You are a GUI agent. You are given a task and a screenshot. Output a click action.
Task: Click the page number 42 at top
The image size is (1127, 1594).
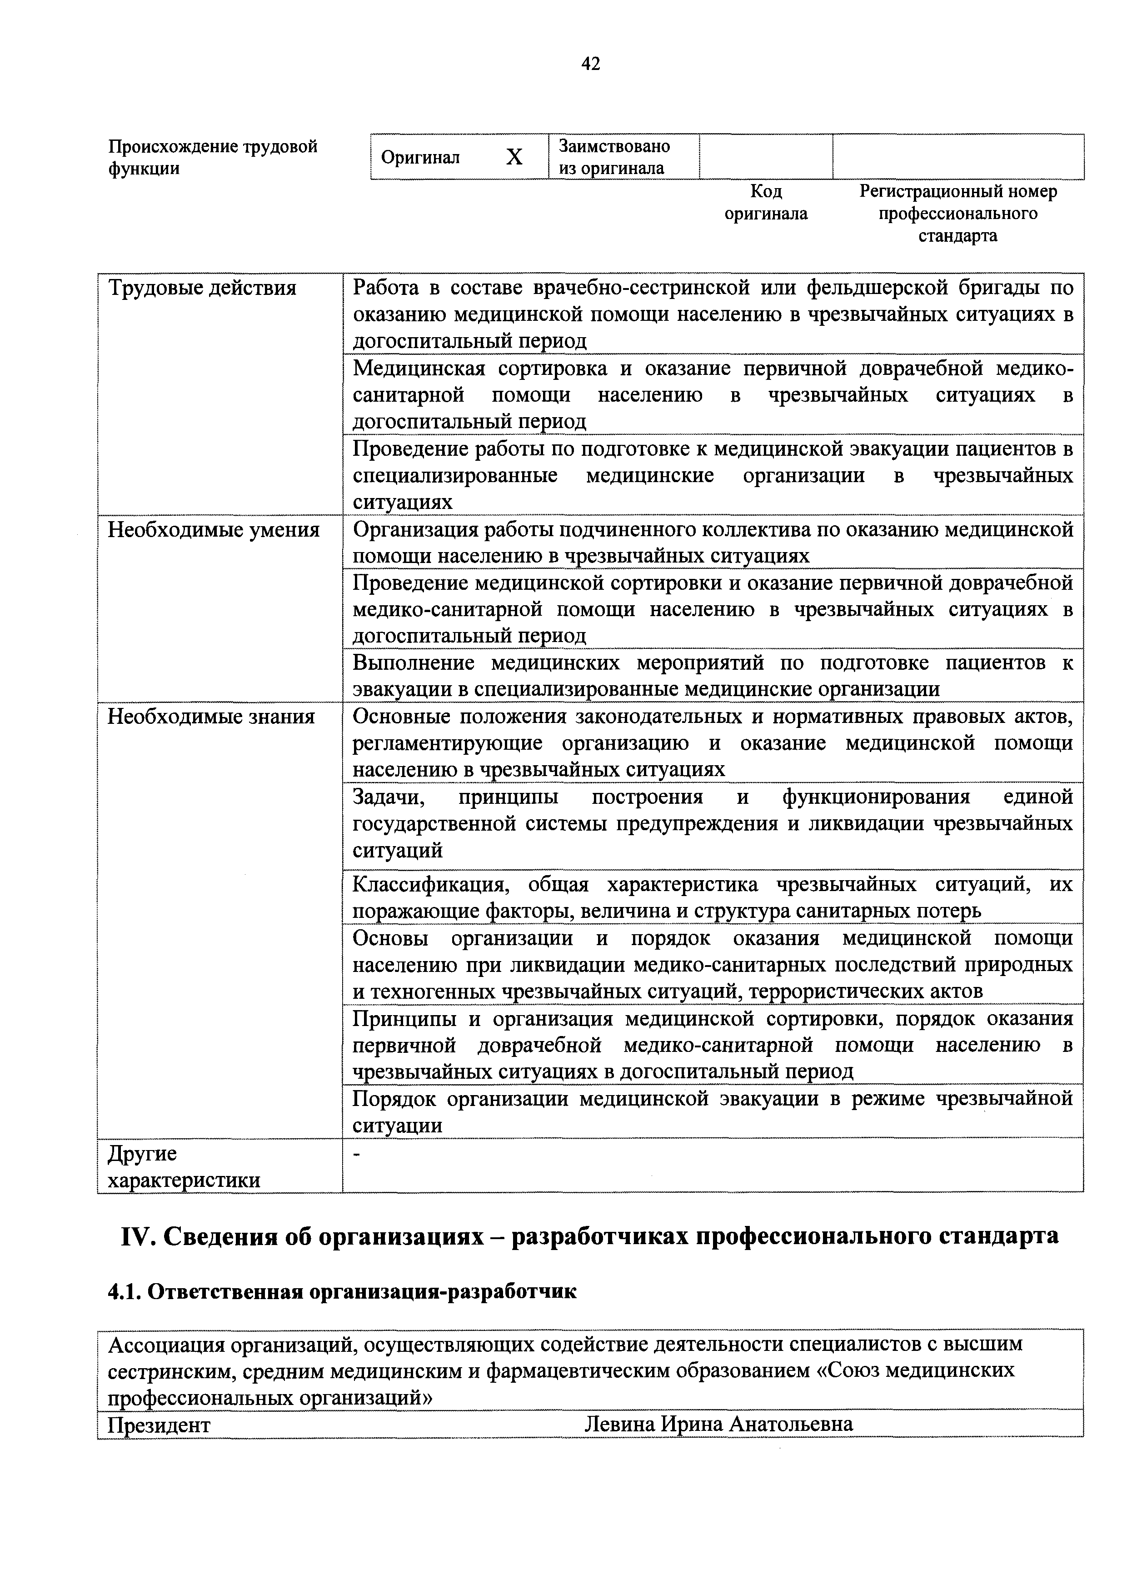coord(590,65)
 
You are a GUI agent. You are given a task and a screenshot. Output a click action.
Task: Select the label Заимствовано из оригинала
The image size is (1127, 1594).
coord(614,157)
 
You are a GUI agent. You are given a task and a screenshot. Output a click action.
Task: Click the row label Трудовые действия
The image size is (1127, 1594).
coord(202,288)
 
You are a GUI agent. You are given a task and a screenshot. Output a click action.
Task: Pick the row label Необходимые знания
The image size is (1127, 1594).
coord(211,717)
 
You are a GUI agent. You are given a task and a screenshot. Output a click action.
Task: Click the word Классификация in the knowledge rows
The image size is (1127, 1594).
coord(431,885)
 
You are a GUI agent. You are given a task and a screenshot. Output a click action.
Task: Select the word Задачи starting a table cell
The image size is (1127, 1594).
coord(388,796)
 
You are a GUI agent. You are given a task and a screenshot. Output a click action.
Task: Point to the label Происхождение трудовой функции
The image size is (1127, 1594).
coord(213,157)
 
